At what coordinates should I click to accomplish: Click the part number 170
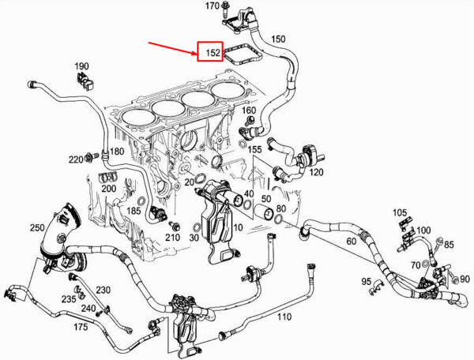[213, 6]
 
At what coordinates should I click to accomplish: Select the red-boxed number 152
[211, 53]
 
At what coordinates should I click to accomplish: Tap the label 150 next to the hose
[278, 38]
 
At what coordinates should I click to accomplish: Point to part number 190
[82, 66]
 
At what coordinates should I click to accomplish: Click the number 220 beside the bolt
[76, 159]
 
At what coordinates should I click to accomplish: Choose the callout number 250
[38, 228]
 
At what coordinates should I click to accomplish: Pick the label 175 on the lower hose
[81, 326]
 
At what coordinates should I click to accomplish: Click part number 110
[284, 317]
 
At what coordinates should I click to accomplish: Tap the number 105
[400, 213]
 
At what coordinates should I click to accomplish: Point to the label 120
[316, 172]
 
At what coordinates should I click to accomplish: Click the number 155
[255, 149]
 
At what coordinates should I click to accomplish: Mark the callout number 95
[367, 281]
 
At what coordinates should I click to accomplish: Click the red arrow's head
[197, 54]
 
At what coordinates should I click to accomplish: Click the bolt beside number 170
[226, 11]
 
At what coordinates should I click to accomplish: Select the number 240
[88, 308]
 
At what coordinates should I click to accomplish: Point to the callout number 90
[464, 279]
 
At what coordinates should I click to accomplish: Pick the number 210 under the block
[174, 238]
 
